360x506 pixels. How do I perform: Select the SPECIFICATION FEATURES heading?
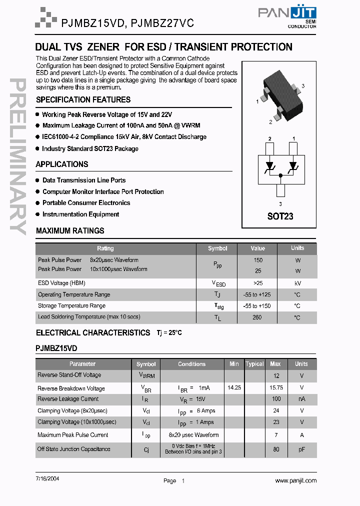(83, 99)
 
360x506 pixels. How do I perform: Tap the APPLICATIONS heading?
(61, 164)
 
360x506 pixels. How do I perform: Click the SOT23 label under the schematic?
(280, 216)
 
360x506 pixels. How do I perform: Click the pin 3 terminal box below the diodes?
(280, 189)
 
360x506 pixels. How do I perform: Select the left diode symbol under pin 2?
(269, 165)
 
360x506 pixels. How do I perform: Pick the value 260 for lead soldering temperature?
(257, 317)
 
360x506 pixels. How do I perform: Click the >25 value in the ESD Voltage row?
(257, 283)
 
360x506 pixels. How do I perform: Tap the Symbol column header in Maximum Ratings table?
(217, 248)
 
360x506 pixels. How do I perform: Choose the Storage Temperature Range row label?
(71, 305)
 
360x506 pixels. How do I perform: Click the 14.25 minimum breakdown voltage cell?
(234, 387)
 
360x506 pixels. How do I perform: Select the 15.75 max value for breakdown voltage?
(276, 387)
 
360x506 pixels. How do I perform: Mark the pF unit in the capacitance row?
(301, 449)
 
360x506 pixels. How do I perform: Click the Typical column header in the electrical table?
(254, 364)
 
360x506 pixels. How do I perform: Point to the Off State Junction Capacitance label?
(74, 449)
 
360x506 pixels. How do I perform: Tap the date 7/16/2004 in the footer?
(47, 478)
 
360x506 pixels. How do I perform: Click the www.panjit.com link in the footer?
(295, 480)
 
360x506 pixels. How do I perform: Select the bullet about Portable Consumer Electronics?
(86, 203)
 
